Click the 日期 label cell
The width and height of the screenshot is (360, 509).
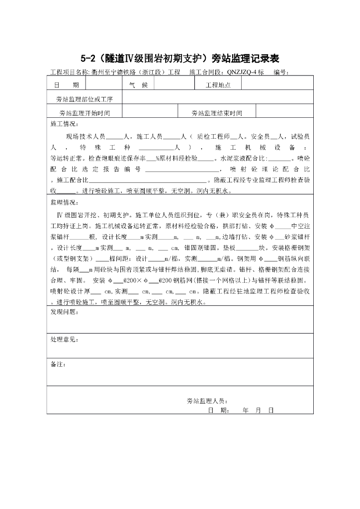69,85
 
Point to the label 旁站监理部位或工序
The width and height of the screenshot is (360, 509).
84,99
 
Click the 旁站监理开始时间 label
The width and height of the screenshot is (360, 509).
84,113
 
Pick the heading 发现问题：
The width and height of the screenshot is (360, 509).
64,312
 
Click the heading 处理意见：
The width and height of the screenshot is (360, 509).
64,339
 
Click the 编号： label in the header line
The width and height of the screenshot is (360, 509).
281,72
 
